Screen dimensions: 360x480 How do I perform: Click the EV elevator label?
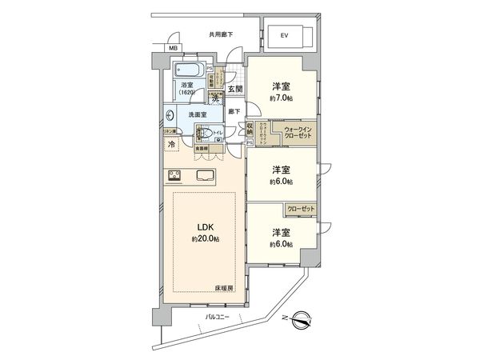coord(283,36)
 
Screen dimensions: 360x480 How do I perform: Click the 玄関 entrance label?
coord(234,90)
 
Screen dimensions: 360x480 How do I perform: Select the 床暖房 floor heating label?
coord(223,287)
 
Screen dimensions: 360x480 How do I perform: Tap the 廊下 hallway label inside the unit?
coord(234,111)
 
